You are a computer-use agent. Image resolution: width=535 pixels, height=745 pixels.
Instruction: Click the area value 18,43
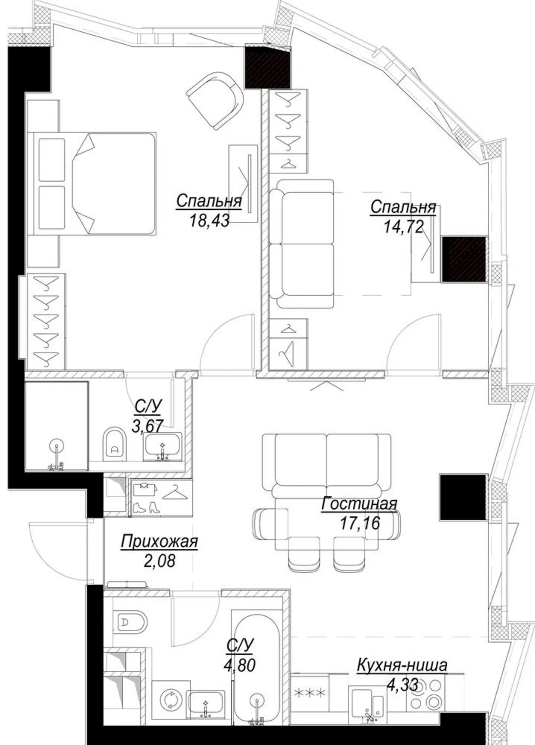(x=209, y=220)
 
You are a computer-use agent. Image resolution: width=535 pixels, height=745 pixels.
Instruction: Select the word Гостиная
(x=359, y=504)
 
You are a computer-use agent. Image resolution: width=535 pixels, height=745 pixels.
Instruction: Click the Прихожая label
(x=159, y=542)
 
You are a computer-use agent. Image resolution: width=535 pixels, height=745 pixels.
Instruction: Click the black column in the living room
(x=463, y=497)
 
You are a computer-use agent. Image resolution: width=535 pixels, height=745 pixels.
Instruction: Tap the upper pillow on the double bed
(x=52, y=160)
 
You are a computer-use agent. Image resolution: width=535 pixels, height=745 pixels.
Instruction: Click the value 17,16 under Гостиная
(x=360, y=523)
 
